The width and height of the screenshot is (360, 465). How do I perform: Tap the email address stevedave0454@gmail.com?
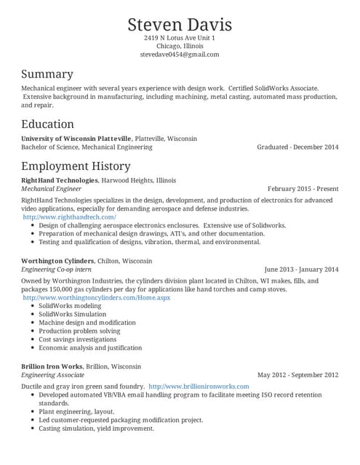click(180, 54)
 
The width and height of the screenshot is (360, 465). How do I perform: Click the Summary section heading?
click(47, 74)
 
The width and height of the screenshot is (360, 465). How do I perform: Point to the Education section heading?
click(47, 124)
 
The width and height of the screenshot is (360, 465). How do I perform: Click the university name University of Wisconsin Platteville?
click(76, 138)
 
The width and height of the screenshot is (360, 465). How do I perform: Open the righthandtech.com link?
click(70, 217)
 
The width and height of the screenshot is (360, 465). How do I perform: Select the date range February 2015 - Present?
click(303, 188)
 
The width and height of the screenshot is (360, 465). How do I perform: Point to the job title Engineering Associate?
click(52, 375)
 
